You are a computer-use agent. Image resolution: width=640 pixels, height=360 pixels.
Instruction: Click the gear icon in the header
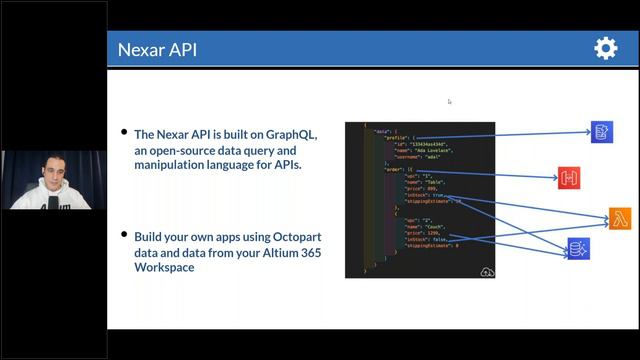pyautogui.click(x=605, y=48)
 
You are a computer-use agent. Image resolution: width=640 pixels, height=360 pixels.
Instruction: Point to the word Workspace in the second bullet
pyautogui.click(x=166, y=267)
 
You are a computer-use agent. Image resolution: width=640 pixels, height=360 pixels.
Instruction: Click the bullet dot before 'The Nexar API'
pyautogui.click(x=124, y=134)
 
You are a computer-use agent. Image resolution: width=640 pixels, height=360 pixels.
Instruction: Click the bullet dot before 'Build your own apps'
pyautogui.click(x=124, y=238)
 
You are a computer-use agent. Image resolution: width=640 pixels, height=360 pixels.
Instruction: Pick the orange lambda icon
pyautogui.click(x=620, y=219)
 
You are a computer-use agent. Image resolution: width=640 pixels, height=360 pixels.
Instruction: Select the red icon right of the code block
pyautogui.click(x=571, y=179)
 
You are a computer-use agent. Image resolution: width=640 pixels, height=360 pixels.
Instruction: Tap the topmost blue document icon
pyautogui.click(x=601, y=132)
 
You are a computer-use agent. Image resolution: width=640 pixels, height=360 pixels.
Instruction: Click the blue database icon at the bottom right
pyautogui.click(x=579, y=248)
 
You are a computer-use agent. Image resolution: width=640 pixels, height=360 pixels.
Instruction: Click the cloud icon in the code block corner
pyautogui.click(x=487, y=270)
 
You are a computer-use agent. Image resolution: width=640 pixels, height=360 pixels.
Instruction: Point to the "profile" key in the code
pyautogui.click(x=395, y=138)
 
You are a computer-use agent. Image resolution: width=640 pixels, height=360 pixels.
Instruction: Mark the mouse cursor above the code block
pyautogui.click(x=450, y=101)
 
